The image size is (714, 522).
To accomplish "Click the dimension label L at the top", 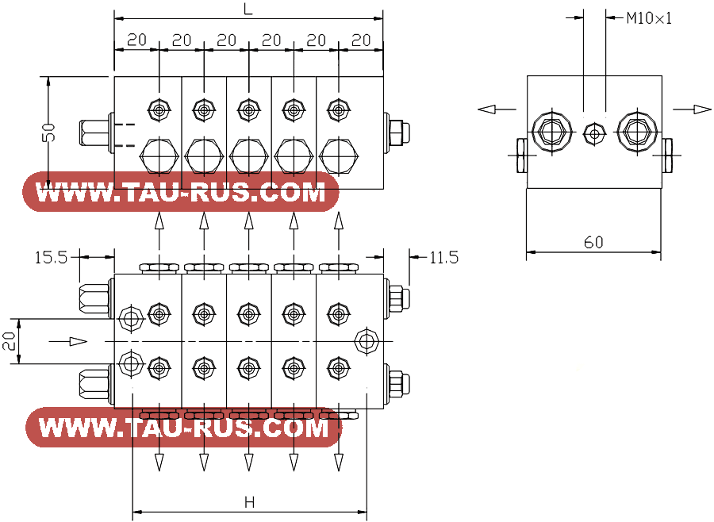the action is [x=248, y=9].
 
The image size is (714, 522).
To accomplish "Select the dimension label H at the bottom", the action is [x=250, y=503].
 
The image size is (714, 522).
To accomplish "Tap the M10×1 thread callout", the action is [x=649, y=18].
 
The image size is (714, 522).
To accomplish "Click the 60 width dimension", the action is [x=593, y=242].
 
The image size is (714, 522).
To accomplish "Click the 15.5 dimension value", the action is [x=51, y=258].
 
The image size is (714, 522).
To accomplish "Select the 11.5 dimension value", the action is [x=444, y=258].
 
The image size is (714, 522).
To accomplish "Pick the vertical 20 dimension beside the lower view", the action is [x=10, y=340].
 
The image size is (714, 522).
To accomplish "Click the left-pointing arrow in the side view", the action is [x=497, y=109].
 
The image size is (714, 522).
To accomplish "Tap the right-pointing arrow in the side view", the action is [x=692, y=109].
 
